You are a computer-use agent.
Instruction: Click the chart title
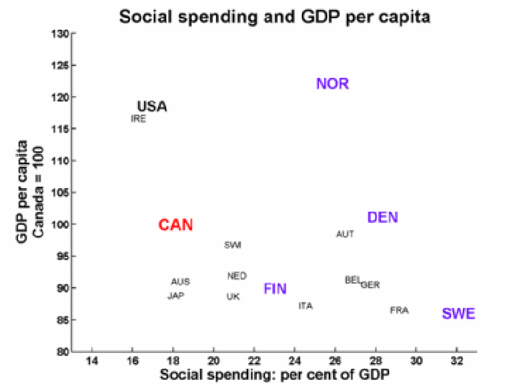[275, 17]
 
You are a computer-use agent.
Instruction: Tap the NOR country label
[332, 83]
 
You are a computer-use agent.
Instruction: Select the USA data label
[152, 107]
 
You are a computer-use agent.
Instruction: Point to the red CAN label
[175, 226]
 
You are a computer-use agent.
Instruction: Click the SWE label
[459, 314]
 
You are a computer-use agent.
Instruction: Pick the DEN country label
[383, 218]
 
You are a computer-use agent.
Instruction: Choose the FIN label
[275, 289]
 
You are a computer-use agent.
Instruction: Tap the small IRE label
[138, 119]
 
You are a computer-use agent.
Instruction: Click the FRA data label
[399, 310]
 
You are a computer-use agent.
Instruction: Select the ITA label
[306, 306]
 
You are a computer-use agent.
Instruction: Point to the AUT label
[345, 234]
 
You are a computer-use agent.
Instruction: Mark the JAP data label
[175, 296]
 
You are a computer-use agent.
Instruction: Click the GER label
[370, 285]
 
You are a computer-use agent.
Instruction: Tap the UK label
[233, 296]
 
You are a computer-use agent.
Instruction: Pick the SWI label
[233, 245]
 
